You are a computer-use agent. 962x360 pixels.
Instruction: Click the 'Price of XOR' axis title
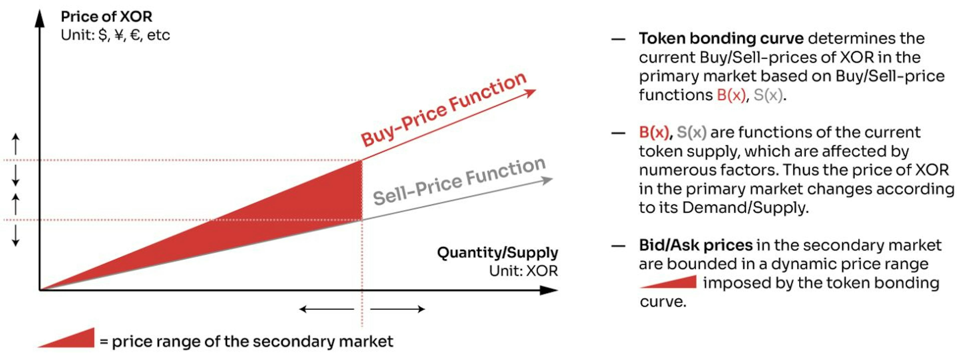click(x=106, y=17)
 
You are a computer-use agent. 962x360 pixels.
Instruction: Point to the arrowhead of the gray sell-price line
click(x=547, y=181)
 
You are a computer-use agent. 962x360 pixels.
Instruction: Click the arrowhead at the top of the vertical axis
click(x=40, y=19)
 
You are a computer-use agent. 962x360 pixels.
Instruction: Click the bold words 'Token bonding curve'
click(x=721, y=39)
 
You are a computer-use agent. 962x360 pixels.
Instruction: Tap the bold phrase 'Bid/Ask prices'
click(x=695, y=245)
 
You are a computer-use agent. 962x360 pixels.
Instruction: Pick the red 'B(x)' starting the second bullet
click(x=654, y=132)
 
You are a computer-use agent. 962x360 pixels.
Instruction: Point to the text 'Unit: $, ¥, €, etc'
click(x=115, y=35)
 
